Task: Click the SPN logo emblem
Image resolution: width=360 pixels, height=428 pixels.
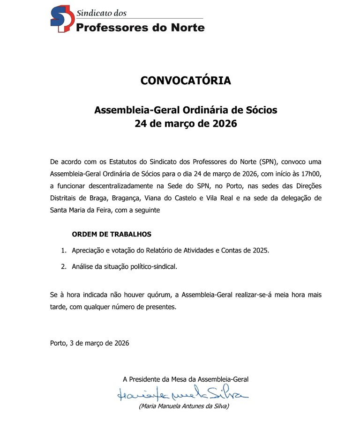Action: [62, 19]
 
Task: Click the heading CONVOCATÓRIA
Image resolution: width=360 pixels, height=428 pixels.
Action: [186, 81]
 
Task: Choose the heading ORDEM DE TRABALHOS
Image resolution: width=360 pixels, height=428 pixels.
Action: [112, 234]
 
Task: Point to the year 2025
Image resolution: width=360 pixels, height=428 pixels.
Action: [260, 251]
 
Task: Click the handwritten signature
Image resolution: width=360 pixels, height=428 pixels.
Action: [183, 393]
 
